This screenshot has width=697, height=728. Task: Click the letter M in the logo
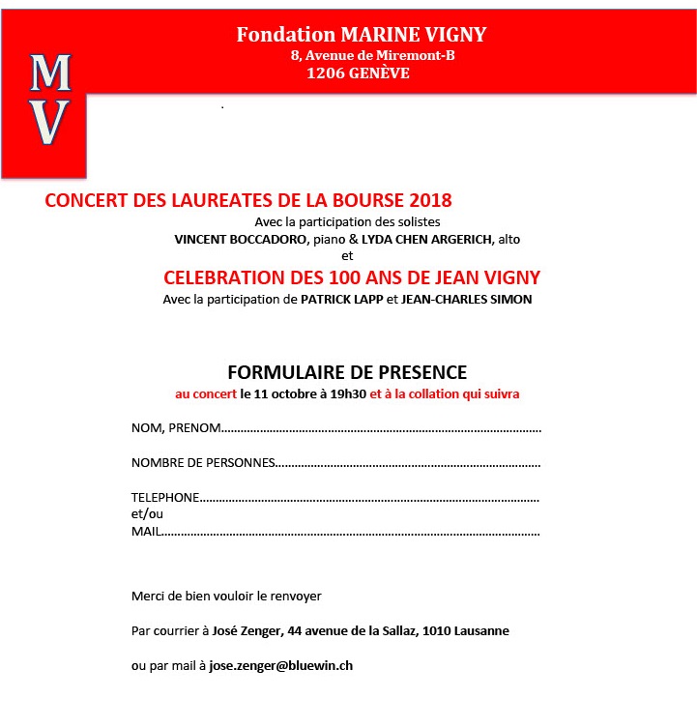coord(50,73)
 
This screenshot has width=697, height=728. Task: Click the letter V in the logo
coord(50,122)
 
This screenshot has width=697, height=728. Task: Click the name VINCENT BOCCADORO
coord(234,239)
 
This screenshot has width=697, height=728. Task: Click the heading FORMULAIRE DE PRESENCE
coord(347,372)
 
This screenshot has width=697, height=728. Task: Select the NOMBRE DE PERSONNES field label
coord(203,462)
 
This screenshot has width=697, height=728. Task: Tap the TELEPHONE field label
coord(165,497)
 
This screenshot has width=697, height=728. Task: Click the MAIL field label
coord(145,532)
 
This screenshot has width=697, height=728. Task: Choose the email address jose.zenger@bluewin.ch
coord(288,666)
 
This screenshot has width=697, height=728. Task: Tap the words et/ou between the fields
coord(147,514)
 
